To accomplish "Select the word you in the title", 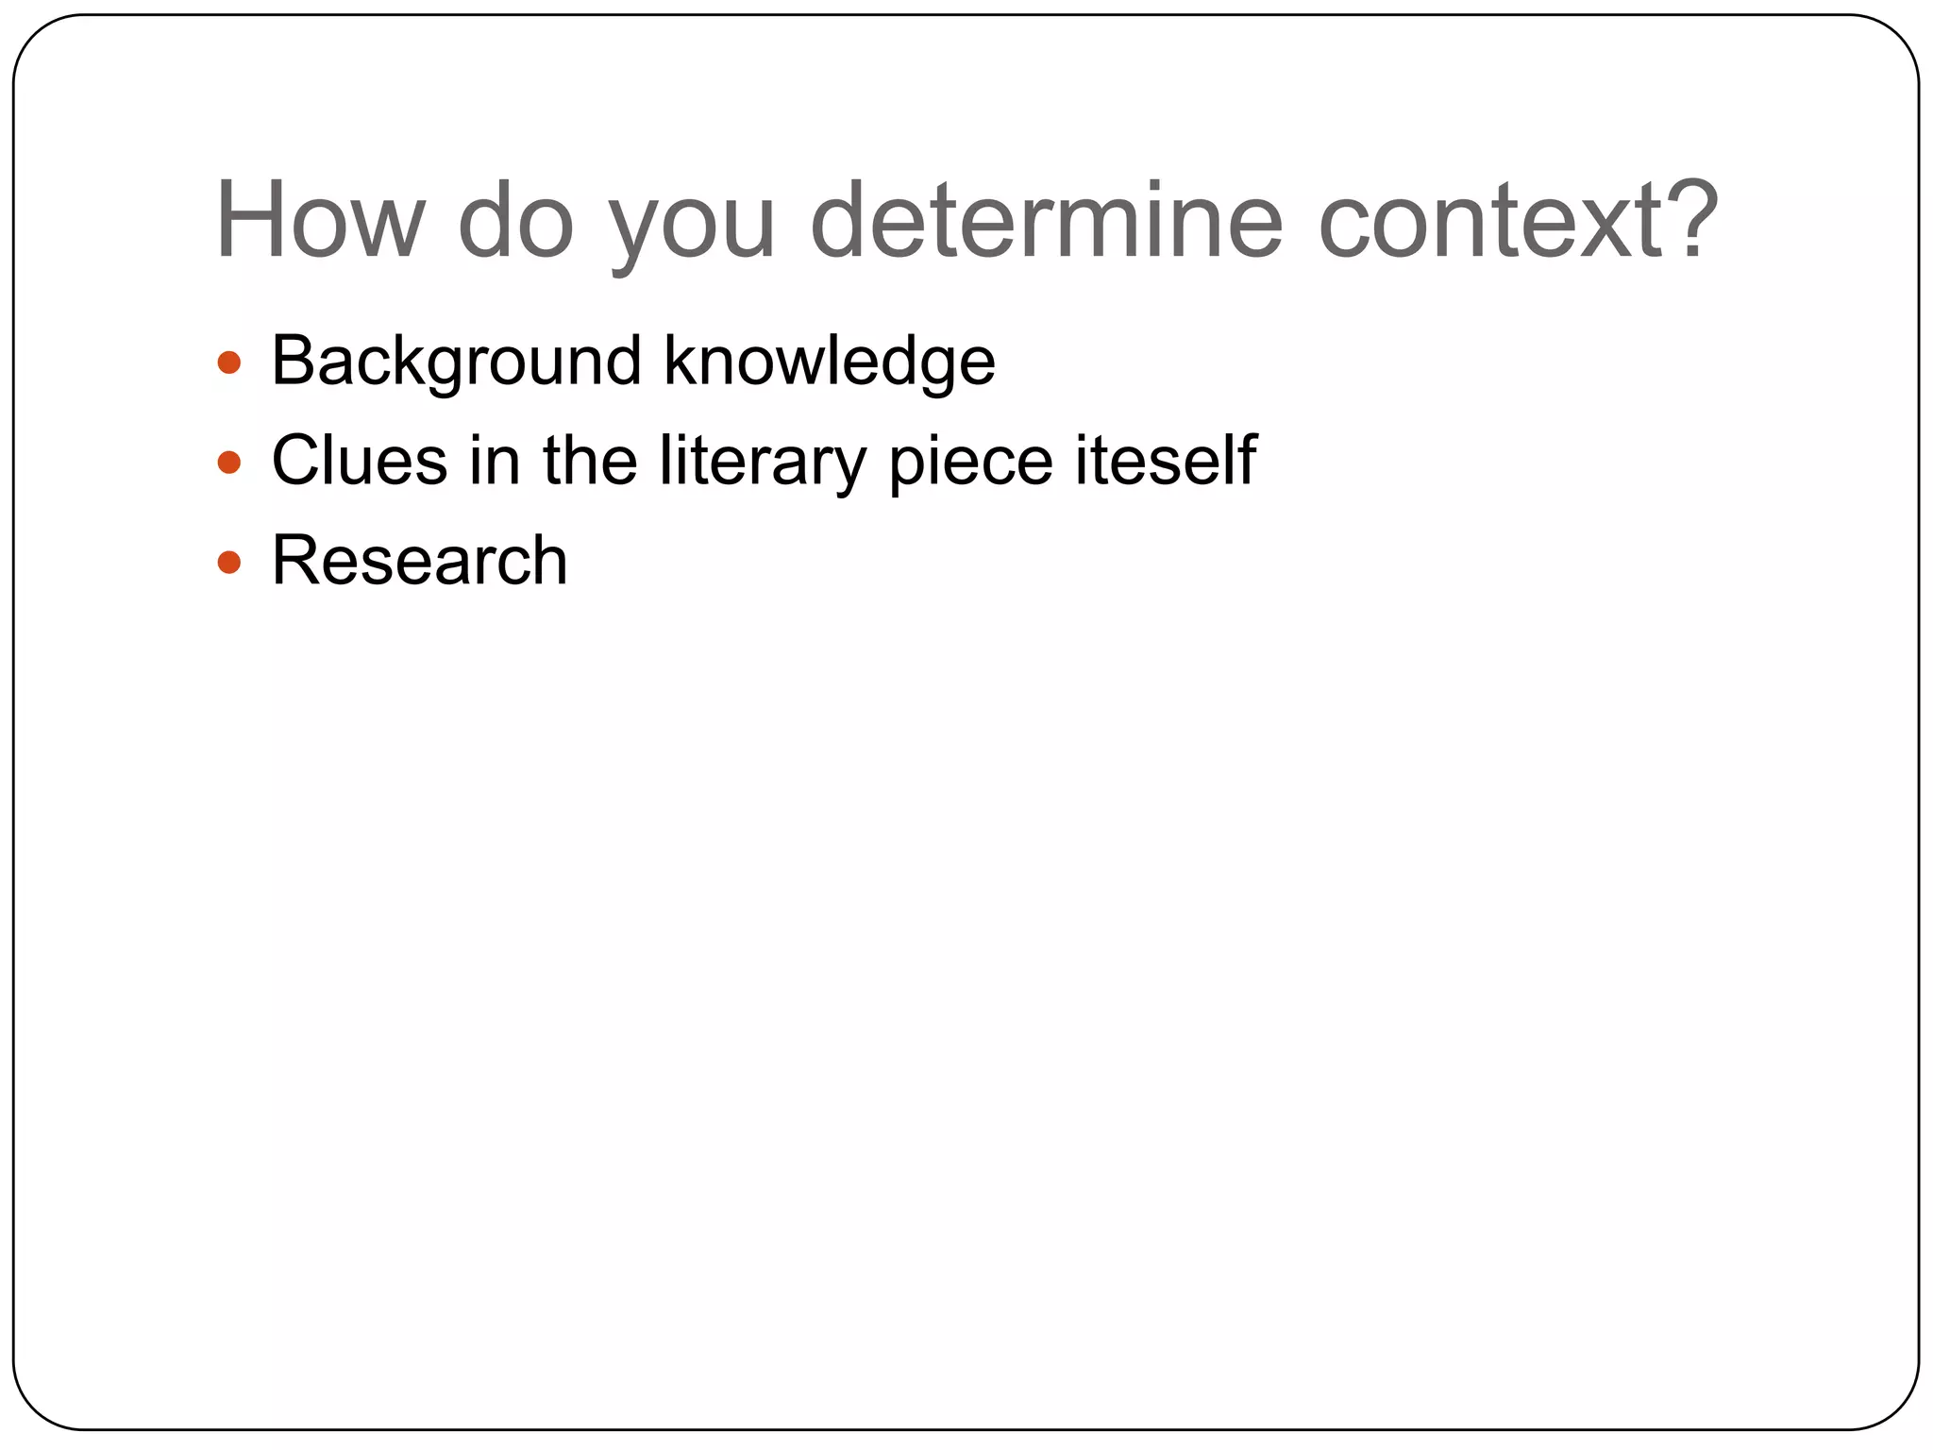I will click(691, 227).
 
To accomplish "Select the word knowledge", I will click(829, 362).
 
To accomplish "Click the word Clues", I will click(360, 461).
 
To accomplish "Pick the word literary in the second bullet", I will click(762, 463).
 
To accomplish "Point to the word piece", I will click(970, 463).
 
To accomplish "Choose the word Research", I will click(419, 561).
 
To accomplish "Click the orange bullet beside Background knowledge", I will click(229, 362).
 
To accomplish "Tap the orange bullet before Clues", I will click(229, 463).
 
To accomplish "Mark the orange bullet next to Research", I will click(229, 563).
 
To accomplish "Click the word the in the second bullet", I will click(590, 461).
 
